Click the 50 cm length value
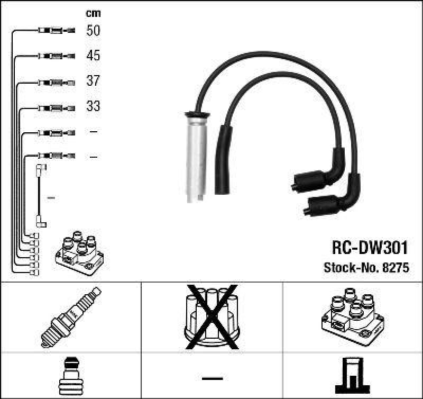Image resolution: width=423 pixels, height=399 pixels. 93,31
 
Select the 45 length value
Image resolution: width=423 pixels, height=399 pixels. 93,56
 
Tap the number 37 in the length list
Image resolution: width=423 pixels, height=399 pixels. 93,81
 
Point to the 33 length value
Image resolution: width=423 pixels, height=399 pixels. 93,106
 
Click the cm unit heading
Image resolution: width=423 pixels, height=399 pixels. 93,13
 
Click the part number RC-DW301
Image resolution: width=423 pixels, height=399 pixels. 369,247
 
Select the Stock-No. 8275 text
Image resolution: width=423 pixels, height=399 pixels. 366,268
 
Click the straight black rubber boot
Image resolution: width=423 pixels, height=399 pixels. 222,161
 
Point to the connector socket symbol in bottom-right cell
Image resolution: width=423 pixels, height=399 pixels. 352,375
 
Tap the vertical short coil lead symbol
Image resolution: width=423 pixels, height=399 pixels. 40,196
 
